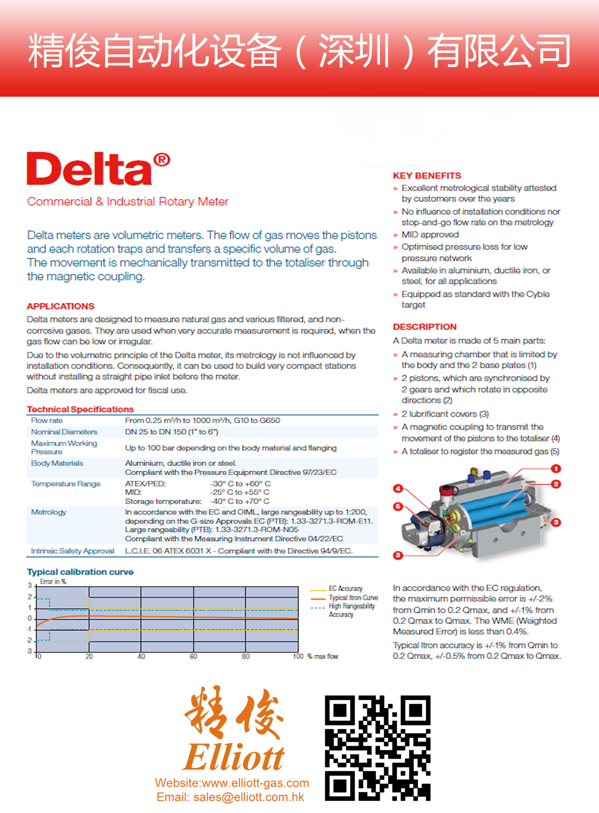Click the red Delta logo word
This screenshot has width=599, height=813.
click(x=89, y=169)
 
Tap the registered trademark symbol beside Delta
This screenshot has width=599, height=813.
click(x=162, y=160)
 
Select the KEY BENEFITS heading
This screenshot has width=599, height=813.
click(x=426, y=176)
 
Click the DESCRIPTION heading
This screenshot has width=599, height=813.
click(x=424, y=327)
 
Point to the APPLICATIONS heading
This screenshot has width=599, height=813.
click(x=61, y=306)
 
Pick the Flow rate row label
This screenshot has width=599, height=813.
click(x=47, y=420)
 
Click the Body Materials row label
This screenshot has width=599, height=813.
click(x=57, y=463)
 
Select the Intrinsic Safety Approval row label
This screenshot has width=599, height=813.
click(x=72, y=551)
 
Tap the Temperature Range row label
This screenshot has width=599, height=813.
click(x=66, y=484)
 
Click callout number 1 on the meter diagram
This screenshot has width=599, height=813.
click(x=556, y=468)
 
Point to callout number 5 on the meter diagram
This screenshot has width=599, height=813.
click(x=398, y=506)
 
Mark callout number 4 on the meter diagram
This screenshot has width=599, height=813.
click(x=398, y=488)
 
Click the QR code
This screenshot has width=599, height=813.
click(x=378, y=748)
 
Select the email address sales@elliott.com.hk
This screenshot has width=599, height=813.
click(x=248, y=797)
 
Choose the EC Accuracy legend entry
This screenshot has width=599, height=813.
click(x=345, y=589)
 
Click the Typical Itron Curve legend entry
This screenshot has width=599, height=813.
click(x=353, y=597)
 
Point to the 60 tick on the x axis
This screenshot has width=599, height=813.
click(x=193, y=656)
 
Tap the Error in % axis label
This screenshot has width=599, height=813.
click(x=53, y=581)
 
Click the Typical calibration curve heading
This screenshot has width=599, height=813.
click(x=80, y=572)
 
